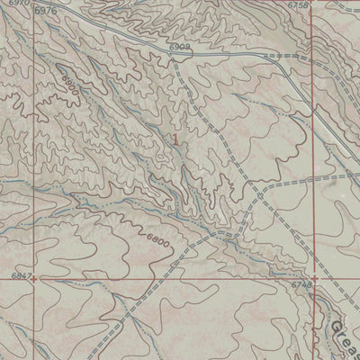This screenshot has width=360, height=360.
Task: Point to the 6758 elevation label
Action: (298, 4)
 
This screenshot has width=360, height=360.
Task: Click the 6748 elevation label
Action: (301, 284)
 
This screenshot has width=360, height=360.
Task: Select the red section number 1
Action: (175, 139)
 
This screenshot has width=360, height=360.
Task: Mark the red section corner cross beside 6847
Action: (34, 278)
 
